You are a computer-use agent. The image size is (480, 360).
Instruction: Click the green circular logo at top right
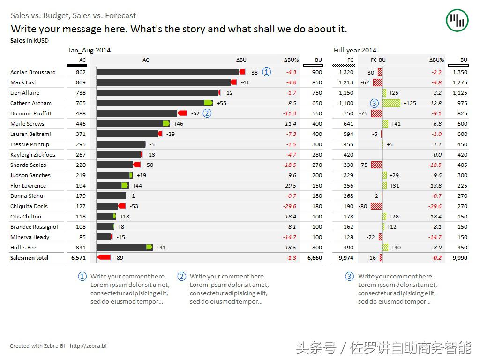click(x=457, y=20)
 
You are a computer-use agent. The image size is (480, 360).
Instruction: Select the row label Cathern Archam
click(x=31, y=103)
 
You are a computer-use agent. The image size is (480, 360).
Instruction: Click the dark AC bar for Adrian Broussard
click(x=168, y=72)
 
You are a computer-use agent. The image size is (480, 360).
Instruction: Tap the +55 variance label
click(x=221, y=103)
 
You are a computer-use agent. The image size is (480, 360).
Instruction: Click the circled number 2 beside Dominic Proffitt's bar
click(x=207, y=113)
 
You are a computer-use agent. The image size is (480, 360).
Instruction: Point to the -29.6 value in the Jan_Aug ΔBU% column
click(x=290, y=206)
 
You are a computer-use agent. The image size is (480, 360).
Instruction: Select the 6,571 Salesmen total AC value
click(x=78, y=258)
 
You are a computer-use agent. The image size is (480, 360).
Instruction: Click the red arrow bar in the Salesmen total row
click(x=104, y=257)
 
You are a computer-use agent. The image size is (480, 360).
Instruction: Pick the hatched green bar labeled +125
click(x=392, y=103)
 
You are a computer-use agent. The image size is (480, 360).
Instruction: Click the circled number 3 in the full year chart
click(x=374, y=103)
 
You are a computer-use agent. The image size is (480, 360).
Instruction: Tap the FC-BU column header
click(x=378, y=60)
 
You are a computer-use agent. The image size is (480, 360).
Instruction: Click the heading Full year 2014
click(x=355, y=50)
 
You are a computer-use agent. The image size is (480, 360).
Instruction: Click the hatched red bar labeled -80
click(x=376, y=206)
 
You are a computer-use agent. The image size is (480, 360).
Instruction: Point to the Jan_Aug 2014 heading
click(x=89, y=50)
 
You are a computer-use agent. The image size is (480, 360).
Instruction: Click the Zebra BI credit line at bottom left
click(x=58, y=346)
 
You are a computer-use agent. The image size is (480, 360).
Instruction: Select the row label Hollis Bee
click(x=23, y=247)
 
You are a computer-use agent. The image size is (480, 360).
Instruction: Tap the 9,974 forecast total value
click(x=346, y=258)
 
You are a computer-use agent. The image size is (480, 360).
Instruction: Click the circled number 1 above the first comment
click(x=82, y=277)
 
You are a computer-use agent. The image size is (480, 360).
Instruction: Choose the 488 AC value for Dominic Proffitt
click(x=81, y=113)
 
